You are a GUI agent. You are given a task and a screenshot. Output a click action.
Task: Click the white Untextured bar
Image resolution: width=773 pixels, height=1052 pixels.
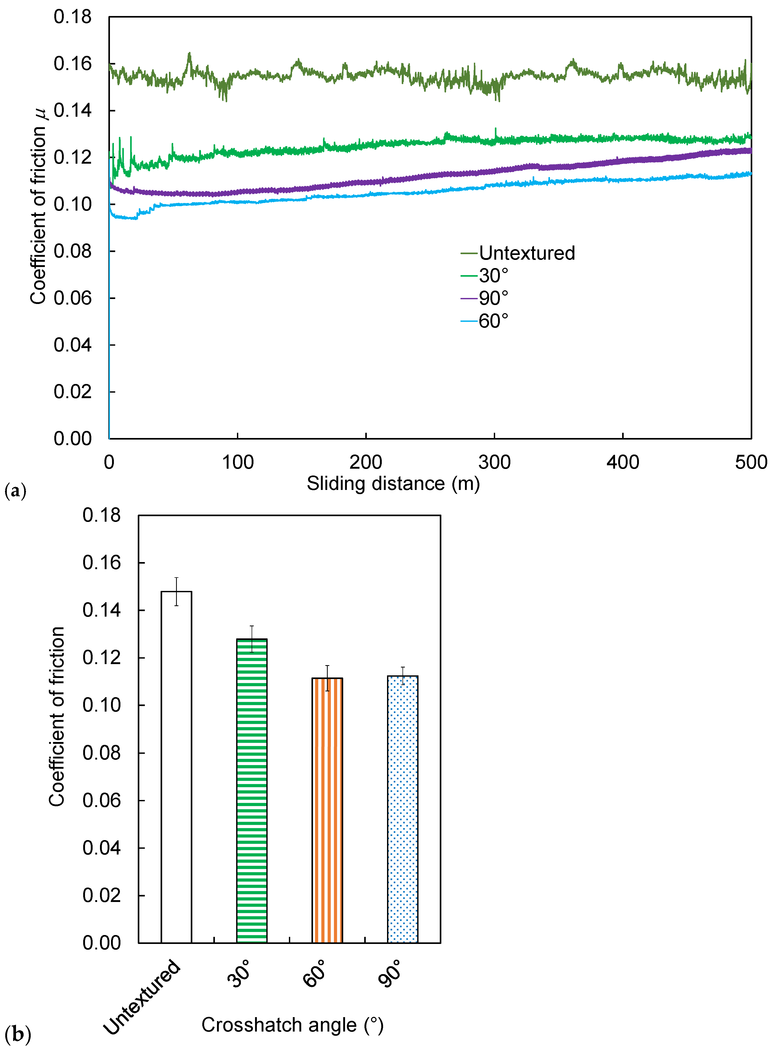click(x=176, y=767)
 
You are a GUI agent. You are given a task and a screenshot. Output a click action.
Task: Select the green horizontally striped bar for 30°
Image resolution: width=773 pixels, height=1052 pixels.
click(x=252, y=791)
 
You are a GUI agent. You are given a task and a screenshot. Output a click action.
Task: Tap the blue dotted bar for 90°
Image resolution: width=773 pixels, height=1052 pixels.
click(x=403, y=809)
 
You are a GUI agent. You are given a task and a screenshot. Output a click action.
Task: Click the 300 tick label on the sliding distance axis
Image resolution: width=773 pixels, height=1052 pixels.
click(x=494, y=462)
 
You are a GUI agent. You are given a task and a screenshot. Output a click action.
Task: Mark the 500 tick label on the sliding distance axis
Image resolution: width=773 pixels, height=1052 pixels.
click(x=750, y=462)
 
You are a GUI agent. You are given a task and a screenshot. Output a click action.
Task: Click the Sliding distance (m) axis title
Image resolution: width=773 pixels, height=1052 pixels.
click(x=393, y=483)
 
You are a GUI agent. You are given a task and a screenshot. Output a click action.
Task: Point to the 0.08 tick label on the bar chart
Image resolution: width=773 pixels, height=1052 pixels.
click(x=102, y=753)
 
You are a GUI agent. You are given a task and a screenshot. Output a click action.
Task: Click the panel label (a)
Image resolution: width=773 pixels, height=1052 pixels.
click(x=15, y=491)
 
